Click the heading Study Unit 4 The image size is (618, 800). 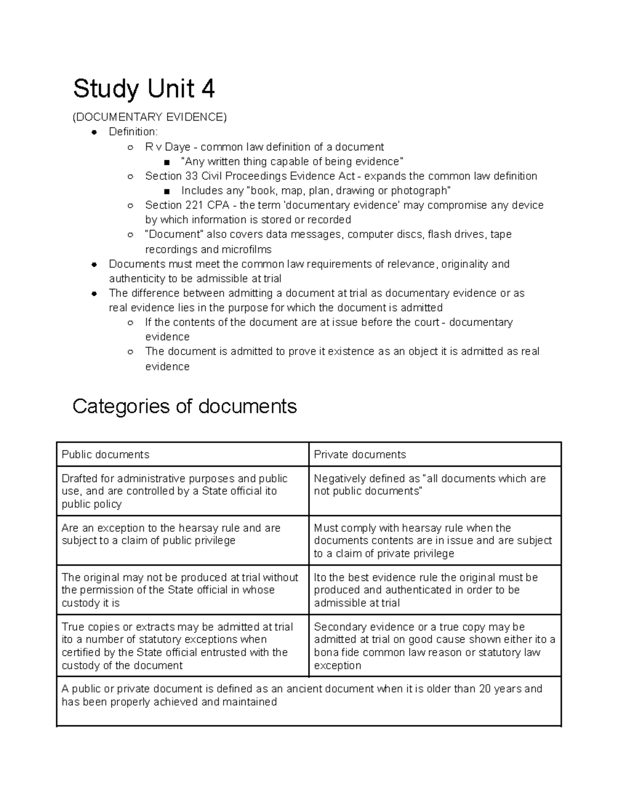tap(144, 89)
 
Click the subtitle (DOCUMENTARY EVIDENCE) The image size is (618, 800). tap(149, 117)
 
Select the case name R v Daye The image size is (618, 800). tap(168, 147)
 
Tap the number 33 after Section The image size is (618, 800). tap(191, 176)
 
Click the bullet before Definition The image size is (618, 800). tap(94, 132)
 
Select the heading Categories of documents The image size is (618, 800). tap(184, 406)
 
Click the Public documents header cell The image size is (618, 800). tap(182, 454)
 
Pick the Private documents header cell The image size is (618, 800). tap(435, 454)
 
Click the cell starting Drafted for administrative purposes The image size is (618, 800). tap(182, 491)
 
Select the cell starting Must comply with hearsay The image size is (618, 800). tap(435, 540)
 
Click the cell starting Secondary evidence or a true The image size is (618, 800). tap(435, 646)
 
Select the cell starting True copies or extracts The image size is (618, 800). tap(182, 646)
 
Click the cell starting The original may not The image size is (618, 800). tap(182, 590)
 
